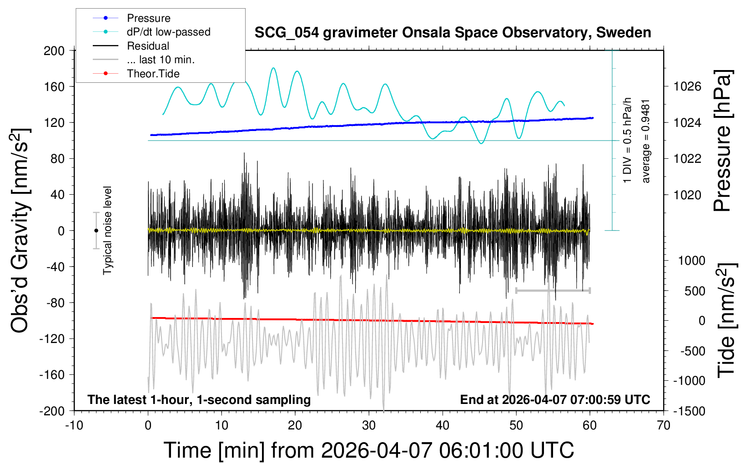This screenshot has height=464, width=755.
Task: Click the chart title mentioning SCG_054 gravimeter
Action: point(453,33)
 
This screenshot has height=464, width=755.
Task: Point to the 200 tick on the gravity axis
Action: point(54,50)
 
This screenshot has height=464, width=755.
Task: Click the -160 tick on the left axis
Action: point(52,375)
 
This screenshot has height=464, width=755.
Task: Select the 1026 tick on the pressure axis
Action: point(687,86)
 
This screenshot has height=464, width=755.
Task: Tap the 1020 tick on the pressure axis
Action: point(687,195)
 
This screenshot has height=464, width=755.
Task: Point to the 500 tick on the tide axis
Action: point(695,291)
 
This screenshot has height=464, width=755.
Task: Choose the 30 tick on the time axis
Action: point(369,426)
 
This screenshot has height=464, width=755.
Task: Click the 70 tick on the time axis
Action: point(664,426)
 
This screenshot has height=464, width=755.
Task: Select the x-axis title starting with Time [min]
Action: point(369,450)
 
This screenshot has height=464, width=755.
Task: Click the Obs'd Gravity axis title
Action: point(20,231)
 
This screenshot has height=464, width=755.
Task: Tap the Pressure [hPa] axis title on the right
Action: point(722,141)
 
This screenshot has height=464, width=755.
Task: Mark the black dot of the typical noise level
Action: point(96,231)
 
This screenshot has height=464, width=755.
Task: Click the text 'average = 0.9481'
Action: point(646,141)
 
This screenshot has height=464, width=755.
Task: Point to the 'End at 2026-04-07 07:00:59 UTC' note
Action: point(555,400)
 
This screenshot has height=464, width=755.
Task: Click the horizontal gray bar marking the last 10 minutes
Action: point(553,290)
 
